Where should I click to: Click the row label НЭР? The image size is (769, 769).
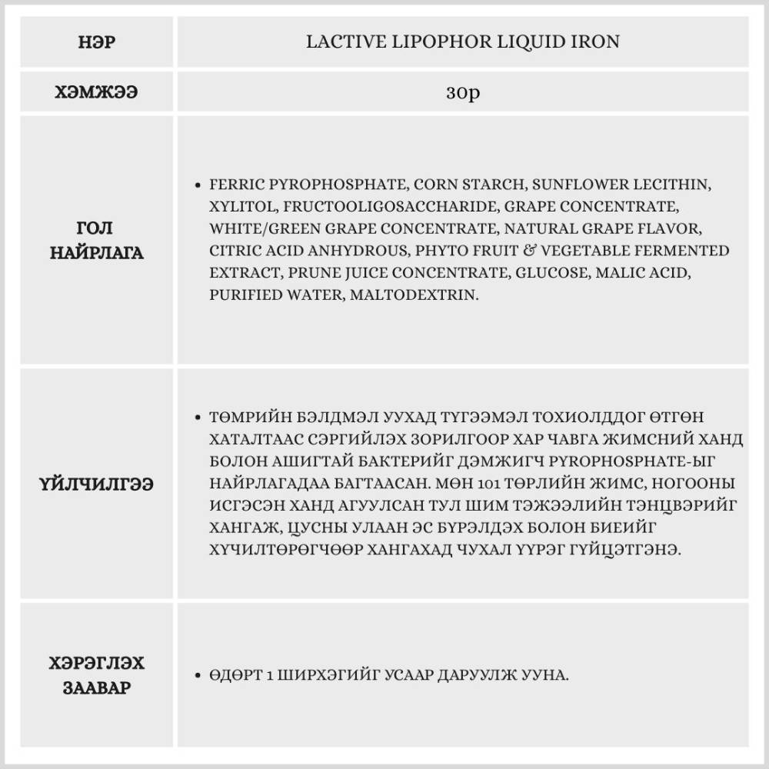pos(97,42)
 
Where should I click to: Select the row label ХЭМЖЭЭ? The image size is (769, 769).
pos(97,92)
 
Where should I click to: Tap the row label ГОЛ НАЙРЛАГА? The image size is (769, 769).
pos(97,240)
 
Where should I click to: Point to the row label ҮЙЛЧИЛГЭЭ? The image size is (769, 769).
pos(97,484)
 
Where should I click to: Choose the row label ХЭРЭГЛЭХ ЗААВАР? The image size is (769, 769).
pos(97,675)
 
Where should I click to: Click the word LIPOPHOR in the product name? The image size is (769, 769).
pos(417,42)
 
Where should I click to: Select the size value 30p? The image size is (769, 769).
pos(463,92)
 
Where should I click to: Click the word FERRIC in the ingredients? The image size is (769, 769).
pos(235,185)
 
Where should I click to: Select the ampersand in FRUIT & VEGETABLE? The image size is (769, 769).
pos(523,251)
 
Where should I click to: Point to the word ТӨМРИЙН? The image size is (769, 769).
pos(248,417)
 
